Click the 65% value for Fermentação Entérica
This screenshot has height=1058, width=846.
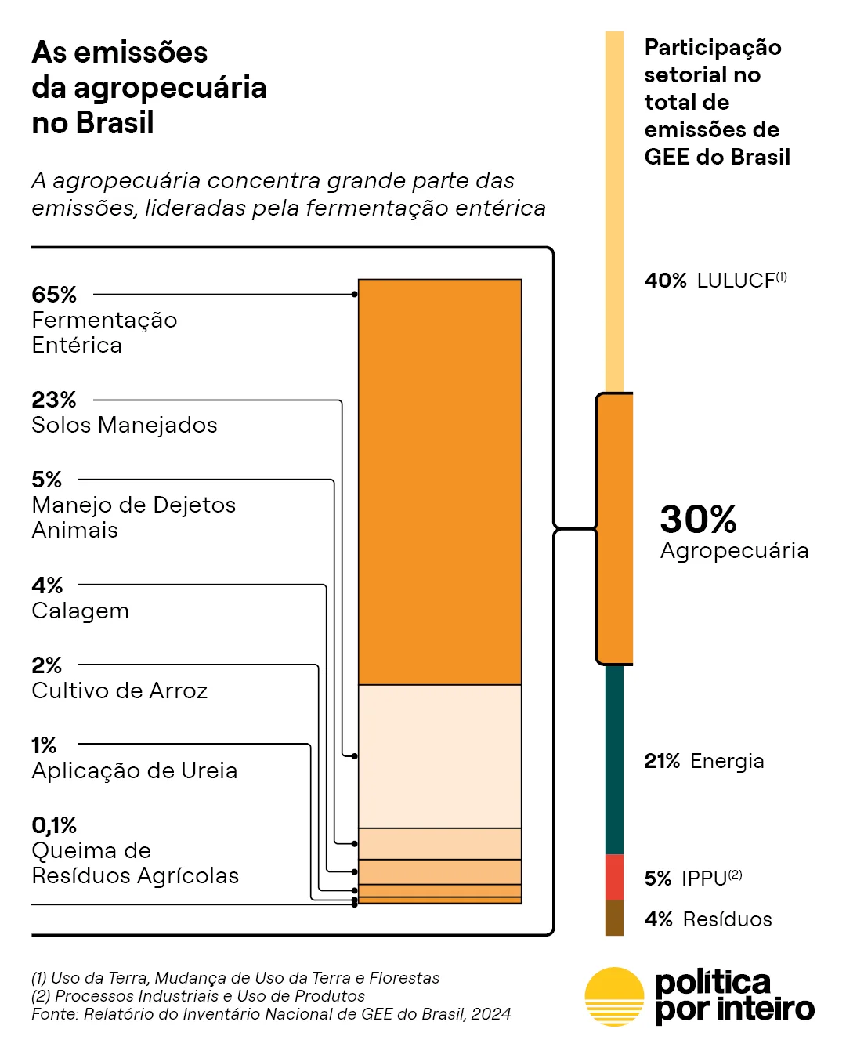click(54, 295)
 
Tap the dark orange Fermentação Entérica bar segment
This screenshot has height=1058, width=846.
click(440, 482)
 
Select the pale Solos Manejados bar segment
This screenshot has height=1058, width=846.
click(440, 756)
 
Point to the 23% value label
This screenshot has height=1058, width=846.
click(54, 400)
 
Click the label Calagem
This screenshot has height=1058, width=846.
click(80, 611)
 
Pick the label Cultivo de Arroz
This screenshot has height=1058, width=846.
click(119, 690)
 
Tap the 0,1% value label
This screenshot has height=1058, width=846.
click(54, 825)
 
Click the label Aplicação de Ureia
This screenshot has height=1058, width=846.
click(135, 770)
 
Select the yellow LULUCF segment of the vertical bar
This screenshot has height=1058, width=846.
click(614, 212)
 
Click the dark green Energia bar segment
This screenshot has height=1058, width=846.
click(614, 759)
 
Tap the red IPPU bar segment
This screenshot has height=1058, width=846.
click(614, 877)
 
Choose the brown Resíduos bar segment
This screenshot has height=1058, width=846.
click(614, 918)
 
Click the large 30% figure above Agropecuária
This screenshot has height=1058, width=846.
click(698, 519)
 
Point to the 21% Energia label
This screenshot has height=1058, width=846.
click(704, 761)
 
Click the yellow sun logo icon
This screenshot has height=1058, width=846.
click(614, 997)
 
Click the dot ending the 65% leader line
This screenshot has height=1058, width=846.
click(354, 295)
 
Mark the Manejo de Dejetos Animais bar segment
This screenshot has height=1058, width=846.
click(440, 843)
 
